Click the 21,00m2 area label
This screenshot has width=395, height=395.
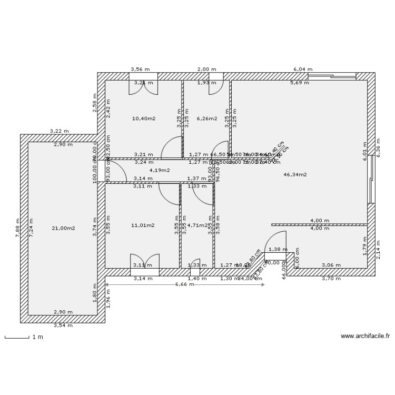click(63, 228)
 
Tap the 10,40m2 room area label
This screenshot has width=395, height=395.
click(143, 118)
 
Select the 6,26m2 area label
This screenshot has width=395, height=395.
click(206, 118)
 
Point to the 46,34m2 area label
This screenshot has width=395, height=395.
click(295, 174)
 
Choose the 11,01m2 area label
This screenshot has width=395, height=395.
click(142, 225)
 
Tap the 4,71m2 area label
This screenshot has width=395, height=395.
click(198, 225)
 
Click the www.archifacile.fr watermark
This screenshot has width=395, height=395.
click(365, 335)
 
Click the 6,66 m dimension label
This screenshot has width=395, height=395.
click(184, 284)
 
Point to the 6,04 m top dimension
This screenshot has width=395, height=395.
click(303, 70)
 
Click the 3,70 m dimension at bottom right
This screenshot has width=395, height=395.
click(331, 278)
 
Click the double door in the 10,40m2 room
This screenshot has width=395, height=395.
click(143, 87)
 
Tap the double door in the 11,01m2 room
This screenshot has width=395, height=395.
click(144, 262)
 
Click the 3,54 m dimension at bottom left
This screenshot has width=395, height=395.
click(63, 325)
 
